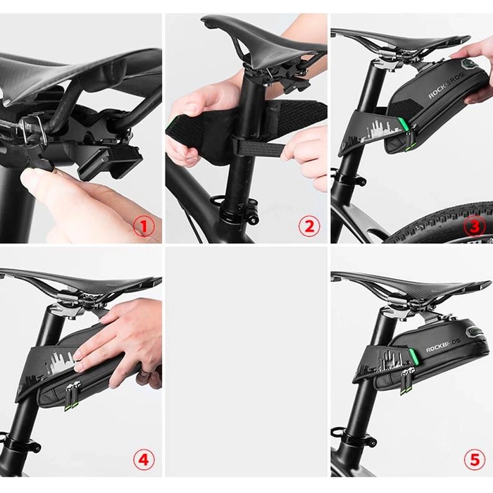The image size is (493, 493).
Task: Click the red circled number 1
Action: point(144,226)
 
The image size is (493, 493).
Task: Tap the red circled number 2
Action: point(308,226)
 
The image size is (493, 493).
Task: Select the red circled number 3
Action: point(475,226)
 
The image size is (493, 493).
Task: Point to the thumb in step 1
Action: point(42,185)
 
